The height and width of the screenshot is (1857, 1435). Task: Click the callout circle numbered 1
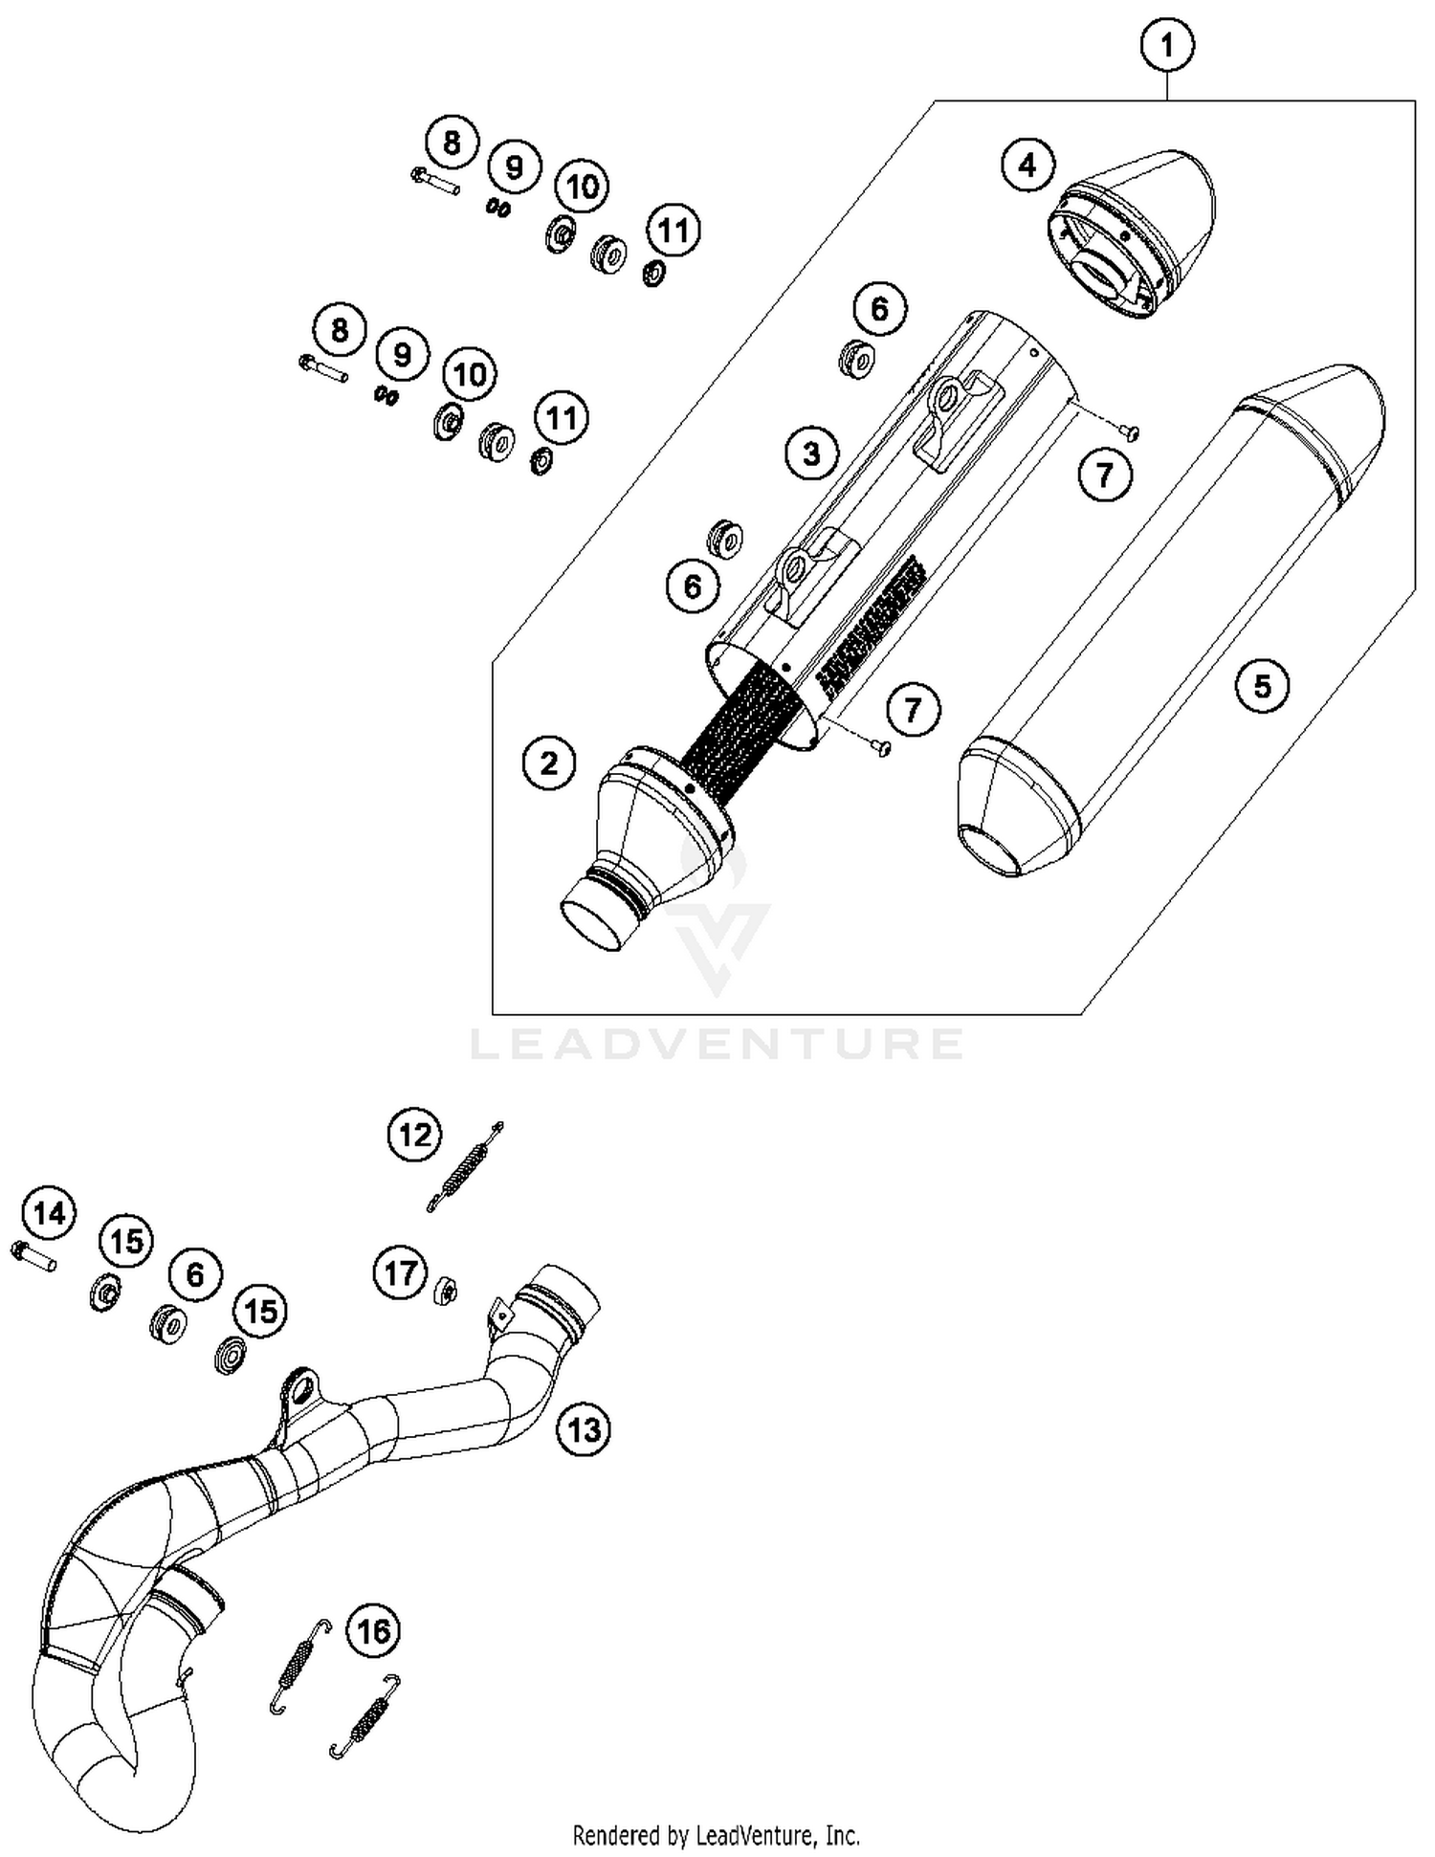pos(1166,44)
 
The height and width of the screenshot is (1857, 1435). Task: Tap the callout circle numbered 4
pos(1027,166)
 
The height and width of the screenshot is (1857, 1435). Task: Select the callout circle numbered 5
pos(1262,685)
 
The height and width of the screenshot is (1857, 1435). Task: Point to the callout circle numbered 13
pos(583,1429)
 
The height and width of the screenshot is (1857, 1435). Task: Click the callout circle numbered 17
pos(400,1273)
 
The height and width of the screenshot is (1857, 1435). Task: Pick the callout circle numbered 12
pos(414,1136)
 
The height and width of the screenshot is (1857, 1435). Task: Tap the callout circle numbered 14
pos(50,1214)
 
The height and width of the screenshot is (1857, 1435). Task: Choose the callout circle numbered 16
pos(373,1630)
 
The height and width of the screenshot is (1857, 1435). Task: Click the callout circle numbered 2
pos(549,763)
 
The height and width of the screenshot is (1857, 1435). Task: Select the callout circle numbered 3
pos(811,453)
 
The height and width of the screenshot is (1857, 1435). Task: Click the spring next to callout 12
pos(464,1168)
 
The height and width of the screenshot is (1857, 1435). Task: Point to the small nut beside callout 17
pos(445,1292)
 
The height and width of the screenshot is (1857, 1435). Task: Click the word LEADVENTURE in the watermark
pos(717,1044)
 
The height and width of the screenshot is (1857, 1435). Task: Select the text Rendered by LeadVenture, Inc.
pos(716,1835)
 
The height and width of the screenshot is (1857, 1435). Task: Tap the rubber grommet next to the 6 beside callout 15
pos(169,1324)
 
